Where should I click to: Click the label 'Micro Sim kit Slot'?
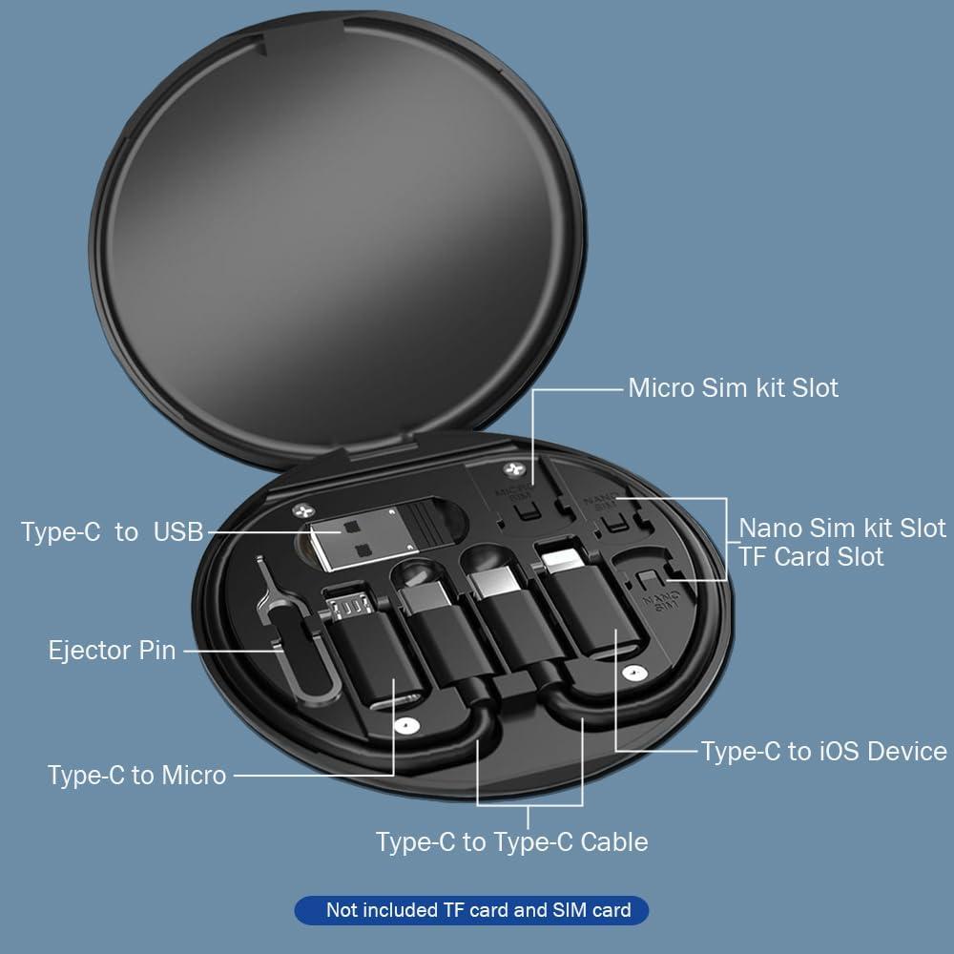tap(733, 388)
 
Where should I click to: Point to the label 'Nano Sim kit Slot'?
tap(841, 528)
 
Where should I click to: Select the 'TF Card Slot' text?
tap(811, 556)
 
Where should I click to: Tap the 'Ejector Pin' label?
tap(112, 651)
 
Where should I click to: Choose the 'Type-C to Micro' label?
tap(136, 775)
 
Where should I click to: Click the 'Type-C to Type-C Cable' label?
tap(511, 841)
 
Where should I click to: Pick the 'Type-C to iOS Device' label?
tap(823, 751)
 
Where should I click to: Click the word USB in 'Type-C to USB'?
tap(178, 531)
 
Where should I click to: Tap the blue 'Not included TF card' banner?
tap(471, 910)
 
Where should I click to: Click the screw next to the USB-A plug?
tap(302, 512)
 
